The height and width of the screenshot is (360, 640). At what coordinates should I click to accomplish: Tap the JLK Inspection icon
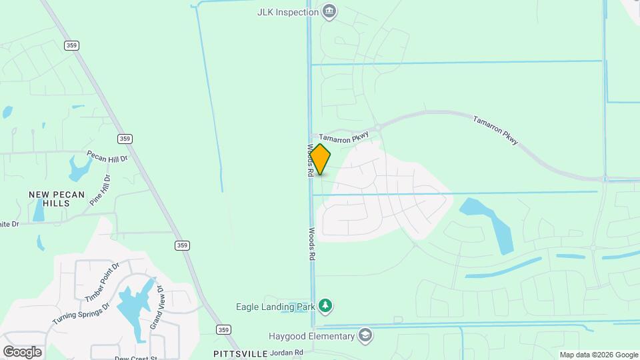tap(329, 12)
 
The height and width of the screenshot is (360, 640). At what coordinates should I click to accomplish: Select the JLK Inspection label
tap(287, 12)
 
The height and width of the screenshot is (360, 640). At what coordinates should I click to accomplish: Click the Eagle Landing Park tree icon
tap(325, 306)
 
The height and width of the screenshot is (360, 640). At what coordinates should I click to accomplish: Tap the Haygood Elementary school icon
tap(365, 335)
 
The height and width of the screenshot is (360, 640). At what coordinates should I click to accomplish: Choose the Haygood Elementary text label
tap(311, 335)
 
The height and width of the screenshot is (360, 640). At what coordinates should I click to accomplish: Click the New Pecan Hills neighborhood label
tap(57, 200)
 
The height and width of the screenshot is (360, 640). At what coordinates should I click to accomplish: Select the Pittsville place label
tap(240, 353)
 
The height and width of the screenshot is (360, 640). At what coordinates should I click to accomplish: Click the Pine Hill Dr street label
tap(99, 189)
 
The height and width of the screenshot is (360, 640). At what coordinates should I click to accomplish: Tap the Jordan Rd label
tap(287, 353)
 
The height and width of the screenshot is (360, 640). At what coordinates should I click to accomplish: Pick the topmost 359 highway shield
tap(72, 45)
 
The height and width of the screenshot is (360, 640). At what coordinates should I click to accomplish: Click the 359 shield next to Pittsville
tap(224, 329)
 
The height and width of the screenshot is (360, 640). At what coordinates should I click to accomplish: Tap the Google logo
tap(22, 351)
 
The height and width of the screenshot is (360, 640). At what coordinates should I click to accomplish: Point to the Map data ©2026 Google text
tap(598, 355)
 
